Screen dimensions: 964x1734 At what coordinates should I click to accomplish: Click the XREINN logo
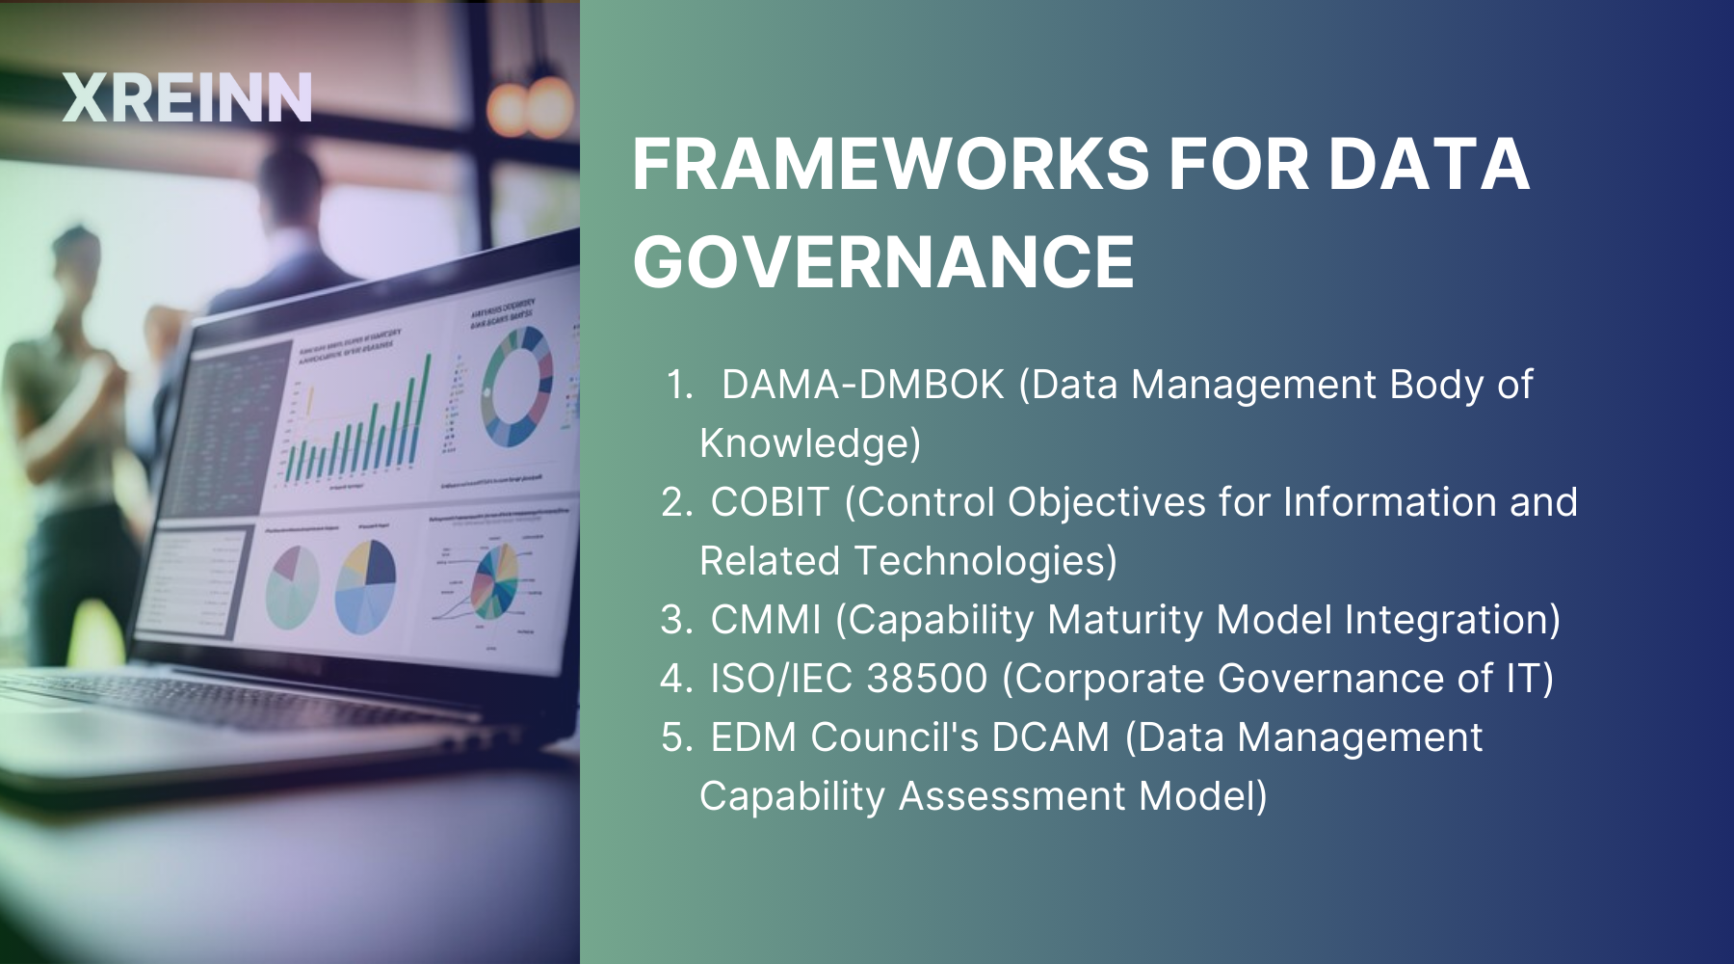[x=187, y=98]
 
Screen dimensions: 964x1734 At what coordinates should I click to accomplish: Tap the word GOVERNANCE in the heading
[x=883, y=261]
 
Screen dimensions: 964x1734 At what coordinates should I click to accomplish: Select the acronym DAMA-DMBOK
[x=862, y=385]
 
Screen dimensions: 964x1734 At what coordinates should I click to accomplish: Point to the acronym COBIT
[x=769, y=502]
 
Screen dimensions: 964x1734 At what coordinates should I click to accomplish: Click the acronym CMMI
[x=766, y=620]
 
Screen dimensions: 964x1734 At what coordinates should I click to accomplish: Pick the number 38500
[x=927, y=679]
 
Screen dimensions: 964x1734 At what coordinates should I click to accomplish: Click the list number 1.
[x=679, y=385]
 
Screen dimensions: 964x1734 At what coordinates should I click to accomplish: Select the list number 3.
[x=676, y=620]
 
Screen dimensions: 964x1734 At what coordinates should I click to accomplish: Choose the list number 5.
[x=676, y=737]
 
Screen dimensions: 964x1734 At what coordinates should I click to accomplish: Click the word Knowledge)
[x=810, y=443]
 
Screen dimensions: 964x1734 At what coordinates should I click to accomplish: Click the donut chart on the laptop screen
[x=517, y=387]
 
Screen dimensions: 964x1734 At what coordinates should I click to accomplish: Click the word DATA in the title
[x=1429, y=164]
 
